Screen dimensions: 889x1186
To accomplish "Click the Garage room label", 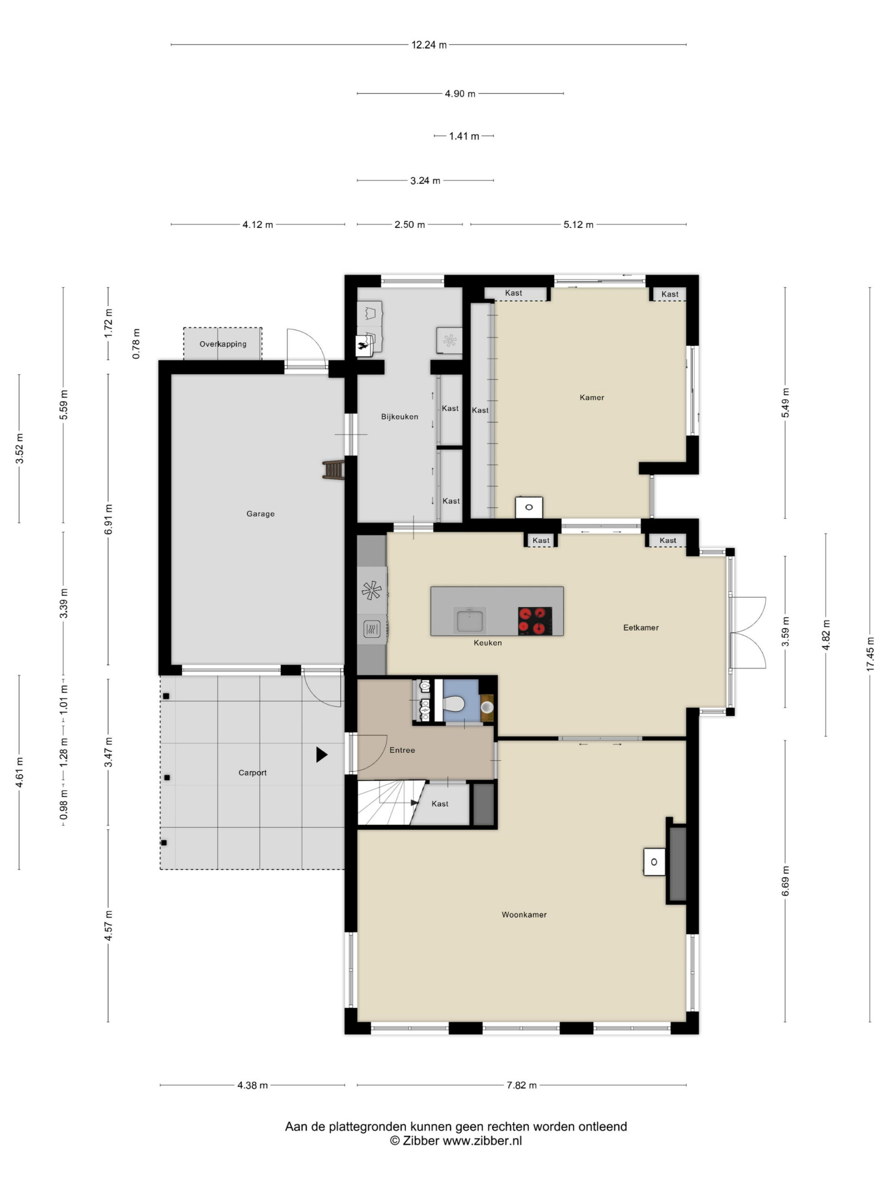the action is tap(260, 514).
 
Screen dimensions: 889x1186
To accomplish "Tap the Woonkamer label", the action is tap(524, 915).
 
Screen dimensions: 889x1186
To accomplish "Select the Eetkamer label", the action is tap(641, 627).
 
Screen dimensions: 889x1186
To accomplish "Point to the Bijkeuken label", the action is tap(400, 416).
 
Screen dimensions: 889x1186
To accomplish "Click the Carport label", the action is tap(252, 773).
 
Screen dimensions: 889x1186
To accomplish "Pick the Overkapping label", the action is tap(223, 344).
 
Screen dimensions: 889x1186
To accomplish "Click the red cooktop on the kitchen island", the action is tap(535, 621).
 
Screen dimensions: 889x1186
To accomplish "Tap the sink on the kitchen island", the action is tap(470, 620).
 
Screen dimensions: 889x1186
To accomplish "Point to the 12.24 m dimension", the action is tap(429, 45).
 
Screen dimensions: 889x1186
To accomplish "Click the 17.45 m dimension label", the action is tap(870, 654).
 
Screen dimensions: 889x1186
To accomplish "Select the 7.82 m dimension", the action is tap(521, 1085).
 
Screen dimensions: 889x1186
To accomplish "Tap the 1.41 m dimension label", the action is tap(464, 136).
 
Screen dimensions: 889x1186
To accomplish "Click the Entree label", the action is tap(402, 750).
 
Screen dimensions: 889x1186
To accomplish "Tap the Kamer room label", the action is tap(592, 397).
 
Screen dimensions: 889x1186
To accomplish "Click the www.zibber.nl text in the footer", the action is tap(482, 1141).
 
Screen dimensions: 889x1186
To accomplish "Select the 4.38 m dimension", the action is tap(252, 1085).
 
